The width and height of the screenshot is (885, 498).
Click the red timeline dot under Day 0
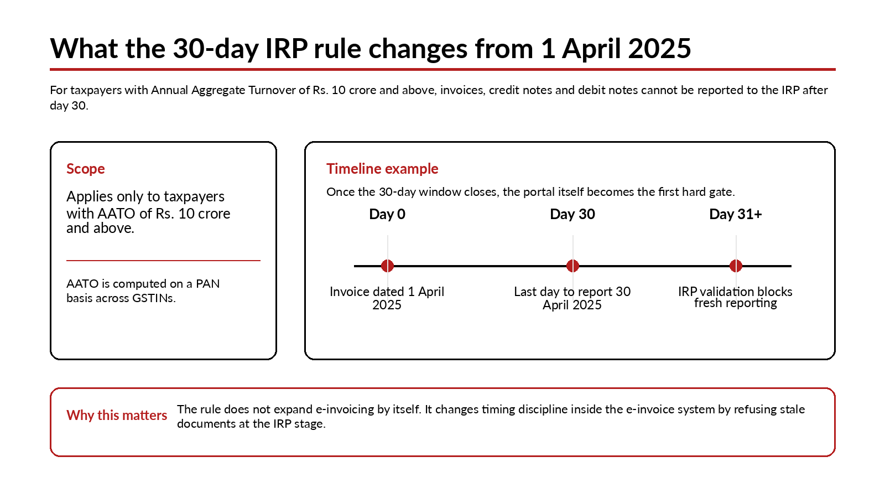[387, 266]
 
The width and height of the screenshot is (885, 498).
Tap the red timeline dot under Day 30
[572, 266]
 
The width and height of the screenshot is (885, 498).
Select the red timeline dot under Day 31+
[736, 266]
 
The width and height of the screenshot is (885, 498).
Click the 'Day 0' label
[387, 215]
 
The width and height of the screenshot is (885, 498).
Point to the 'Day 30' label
[572, 215]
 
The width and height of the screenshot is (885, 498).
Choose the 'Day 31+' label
[736, 215]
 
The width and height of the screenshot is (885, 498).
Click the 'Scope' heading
[86, 169]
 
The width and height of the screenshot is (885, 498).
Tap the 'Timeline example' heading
[382, 169]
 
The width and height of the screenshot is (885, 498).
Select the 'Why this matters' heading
[117, 415]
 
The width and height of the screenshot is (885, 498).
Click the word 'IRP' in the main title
[287, 49]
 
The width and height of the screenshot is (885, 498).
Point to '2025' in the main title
[659, 49]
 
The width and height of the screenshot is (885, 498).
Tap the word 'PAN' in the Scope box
[208, 284]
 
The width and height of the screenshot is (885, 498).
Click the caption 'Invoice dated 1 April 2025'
[387, 298]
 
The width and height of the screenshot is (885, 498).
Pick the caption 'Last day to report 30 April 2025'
[572, 298]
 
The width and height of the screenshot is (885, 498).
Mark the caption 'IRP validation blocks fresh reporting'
[736, 297]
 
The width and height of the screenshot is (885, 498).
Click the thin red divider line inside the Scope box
[163, 261]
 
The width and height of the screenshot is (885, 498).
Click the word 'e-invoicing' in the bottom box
[345, 409]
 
